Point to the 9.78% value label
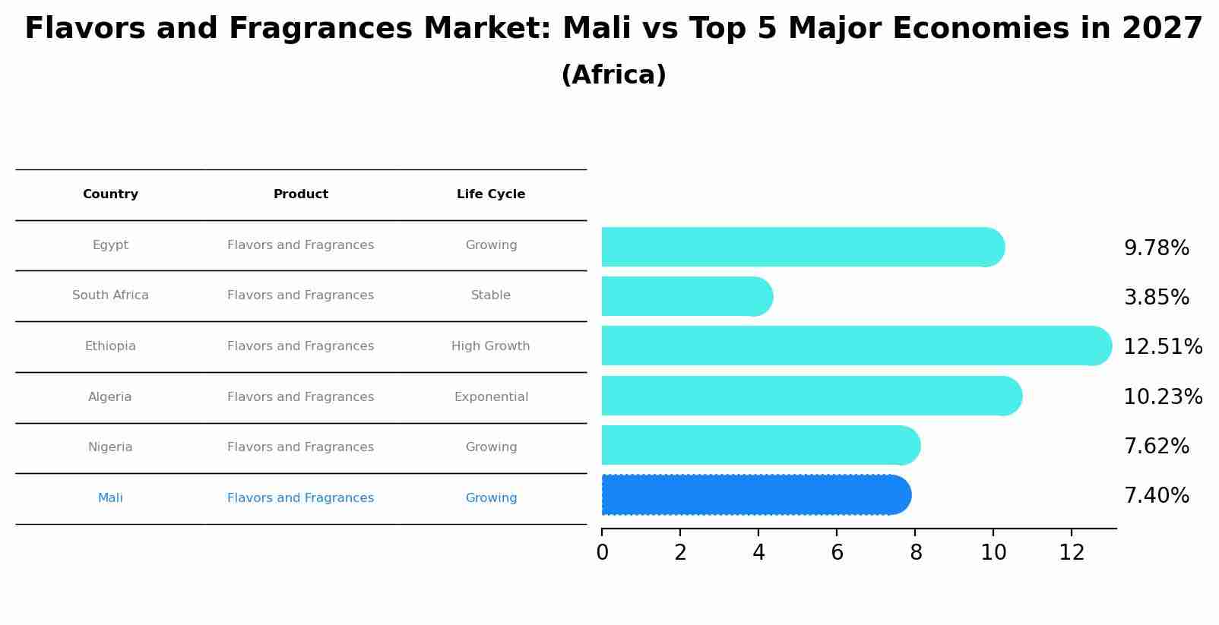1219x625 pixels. pyautogui.click(x=1156, y=248)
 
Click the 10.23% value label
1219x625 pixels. pyautogui.click(x=1162, y=397)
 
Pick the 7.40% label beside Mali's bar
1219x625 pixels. pyautogui.click(x=1156, y=496)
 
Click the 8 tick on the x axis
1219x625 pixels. pyautogui.click(x=915, y=553)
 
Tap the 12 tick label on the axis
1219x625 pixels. pyautogui.click(x=1072, y=553)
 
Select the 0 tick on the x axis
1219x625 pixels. pyautogui.click(x=602, y=553)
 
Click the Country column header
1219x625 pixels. pyautogui.click(x=110, y=194)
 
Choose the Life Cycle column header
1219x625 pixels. pyautogui.click(x=491, y=194)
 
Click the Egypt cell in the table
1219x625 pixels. pyautogui.click(x=110, y=245)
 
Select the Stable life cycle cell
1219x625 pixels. pyautogui.click(x=491, y=295)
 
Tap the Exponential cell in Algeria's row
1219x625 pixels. pyautogui.click(x=491, y=397)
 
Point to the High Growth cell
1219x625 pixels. pyautogui.click(x=491, y=346)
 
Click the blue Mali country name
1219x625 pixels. pyautogui.click(x=110, y=498)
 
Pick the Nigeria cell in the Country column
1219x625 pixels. pyautogui.click(x=110, y=447)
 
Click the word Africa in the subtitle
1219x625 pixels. pyautogui.click(x=613, y=75)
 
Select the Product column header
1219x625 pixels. pyautogui.click(x=301, y=194)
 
